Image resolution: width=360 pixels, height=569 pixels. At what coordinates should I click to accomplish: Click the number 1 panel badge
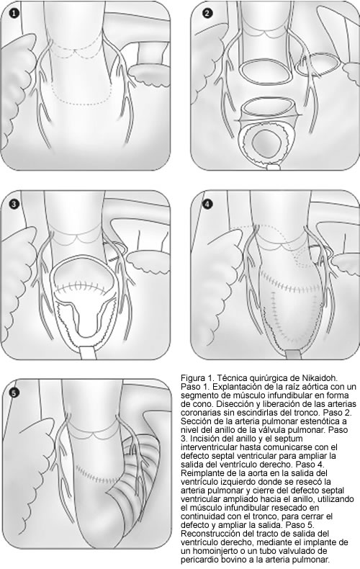point(14,14)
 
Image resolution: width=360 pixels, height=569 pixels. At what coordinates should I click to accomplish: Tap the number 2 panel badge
point(207,14)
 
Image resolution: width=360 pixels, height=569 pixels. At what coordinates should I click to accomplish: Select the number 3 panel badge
point(14,205)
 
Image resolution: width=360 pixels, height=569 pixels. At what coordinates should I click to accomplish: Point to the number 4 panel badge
point(207,205)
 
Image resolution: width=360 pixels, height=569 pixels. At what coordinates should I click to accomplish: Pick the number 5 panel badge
point(14,393)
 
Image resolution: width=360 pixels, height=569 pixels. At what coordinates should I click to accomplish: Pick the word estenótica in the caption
point(330,421)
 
